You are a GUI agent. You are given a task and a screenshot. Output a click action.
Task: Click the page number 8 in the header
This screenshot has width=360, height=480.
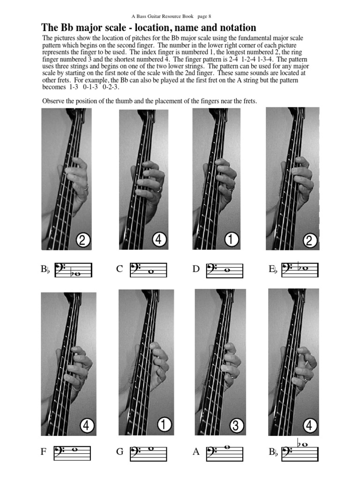pyautogui.click(x=209, y=16)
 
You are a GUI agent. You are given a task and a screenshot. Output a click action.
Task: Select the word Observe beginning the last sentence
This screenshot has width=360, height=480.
pyautogui.click(x=54, y=101)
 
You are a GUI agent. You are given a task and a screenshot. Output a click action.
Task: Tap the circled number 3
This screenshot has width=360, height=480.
pyautogui.click(x=237, y=426)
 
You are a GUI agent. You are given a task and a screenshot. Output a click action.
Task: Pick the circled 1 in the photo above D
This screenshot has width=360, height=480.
pyautogui.click(x=231, y=240)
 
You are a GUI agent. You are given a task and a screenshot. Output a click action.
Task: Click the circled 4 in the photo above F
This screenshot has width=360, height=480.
pyautogui.click(x=87, y=426)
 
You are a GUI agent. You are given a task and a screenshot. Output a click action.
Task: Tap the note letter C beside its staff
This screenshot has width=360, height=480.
pyautogui.click(x=120, y=269)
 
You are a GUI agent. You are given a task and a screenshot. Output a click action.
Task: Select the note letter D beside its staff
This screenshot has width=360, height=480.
pyautogui.click(x=196, y=269)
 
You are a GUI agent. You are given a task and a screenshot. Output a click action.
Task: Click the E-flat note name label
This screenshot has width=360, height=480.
pyautogui.click(x=273, y=269)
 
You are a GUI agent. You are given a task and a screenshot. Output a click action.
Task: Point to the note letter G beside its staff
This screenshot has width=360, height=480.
pyautogui.click(x=120, y=452)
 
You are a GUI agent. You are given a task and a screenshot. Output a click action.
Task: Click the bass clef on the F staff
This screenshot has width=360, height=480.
pyautogui.click(x=60, y=452)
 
